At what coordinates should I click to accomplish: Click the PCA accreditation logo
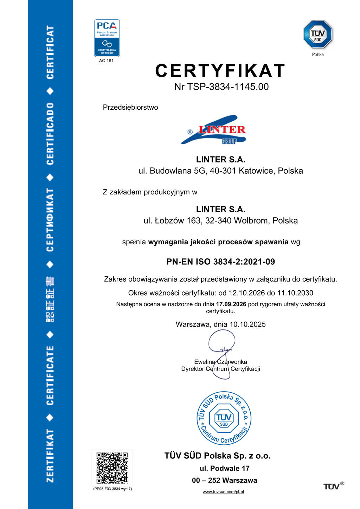tap(107, 38)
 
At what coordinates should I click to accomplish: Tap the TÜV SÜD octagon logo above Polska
tap(318, 34)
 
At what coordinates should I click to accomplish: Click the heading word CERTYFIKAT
tap(220, 71)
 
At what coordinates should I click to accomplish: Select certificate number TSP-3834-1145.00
tap(228, 87)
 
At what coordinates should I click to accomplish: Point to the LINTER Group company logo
tap(213, 130)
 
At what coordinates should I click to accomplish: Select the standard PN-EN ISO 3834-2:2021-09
tap(220, 262)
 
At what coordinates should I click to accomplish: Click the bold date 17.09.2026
tap(231, 304)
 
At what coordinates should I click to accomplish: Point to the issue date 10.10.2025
tap(247, 324)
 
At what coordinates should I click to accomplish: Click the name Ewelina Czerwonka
tap(220, 362)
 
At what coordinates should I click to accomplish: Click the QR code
tap(112, 468)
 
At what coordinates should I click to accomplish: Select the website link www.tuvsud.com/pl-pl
tap(223, 492)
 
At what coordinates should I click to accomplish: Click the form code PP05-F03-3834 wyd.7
tap(112, 489)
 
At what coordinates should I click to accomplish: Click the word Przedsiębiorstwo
tap(130, 108)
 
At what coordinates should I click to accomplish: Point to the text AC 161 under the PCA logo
tap(106, 61)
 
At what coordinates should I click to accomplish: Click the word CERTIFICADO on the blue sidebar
tap(50, 134)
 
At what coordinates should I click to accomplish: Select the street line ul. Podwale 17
tap(224, 469)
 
